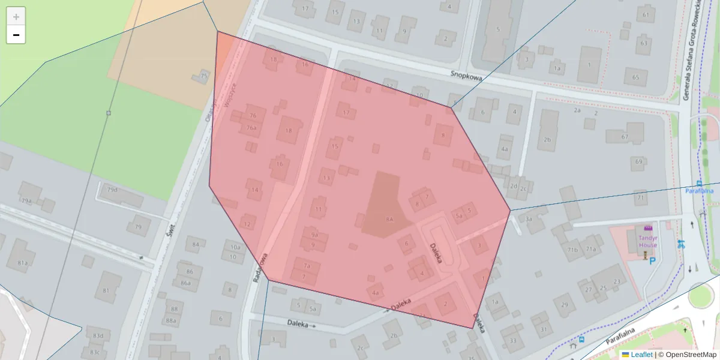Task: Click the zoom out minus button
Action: pos(16,35)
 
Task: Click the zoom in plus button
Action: pos(16,17)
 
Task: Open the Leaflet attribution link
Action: pos(641,355)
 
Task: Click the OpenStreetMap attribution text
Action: pos(686,355)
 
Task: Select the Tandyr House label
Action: pos(647,241)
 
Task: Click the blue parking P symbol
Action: pos(652,261)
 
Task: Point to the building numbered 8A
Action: pos(389,220)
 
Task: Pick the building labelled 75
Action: pos(203,76)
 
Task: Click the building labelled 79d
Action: pos(113,190)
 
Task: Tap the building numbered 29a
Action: pos(26,200)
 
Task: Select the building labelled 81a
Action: pos(23,262)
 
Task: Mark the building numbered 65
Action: pos(636,77)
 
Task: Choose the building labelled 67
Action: pos(625,137)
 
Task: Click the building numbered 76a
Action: pos(251,127)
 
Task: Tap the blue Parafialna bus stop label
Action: pos(700,191)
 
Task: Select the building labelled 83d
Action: pos(98,335)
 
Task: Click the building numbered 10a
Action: pos(235,247)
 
